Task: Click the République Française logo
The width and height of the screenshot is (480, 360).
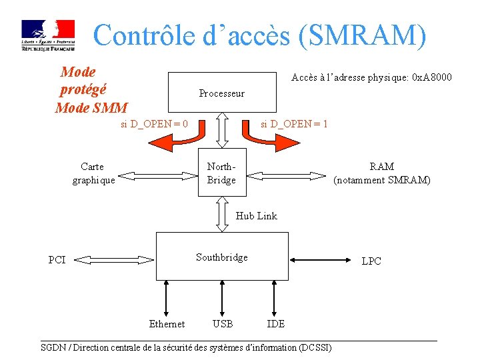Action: [48, 35]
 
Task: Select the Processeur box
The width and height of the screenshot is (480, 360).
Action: [221, 93]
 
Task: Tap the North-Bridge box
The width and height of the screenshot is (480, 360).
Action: [221, 173]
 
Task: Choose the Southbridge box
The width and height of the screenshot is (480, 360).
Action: [222, 257]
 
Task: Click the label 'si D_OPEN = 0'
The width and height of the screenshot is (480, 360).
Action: [154, 123]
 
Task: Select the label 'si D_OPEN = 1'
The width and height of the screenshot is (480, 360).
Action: [294, 123]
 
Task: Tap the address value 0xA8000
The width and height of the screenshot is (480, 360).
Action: [432, 77]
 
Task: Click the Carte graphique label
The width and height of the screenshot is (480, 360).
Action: [93, 173]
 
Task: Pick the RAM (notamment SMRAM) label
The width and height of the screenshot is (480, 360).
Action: [382, 173]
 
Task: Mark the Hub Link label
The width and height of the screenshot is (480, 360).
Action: [257, 215]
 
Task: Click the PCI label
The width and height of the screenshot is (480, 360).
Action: [57, 260]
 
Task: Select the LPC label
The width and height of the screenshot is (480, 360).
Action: [371, 261]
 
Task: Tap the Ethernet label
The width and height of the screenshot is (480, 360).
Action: [167, 324]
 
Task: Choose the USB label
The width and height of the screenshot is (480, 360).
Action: [222, 324]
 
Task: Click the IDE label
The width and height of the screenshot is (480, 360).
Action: [275, 324]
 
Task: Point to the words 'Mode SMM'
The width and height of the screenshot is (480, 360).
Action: [91, 107]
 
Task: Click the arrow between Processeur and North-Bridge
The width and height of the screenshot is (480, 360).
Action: [222, 130]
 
